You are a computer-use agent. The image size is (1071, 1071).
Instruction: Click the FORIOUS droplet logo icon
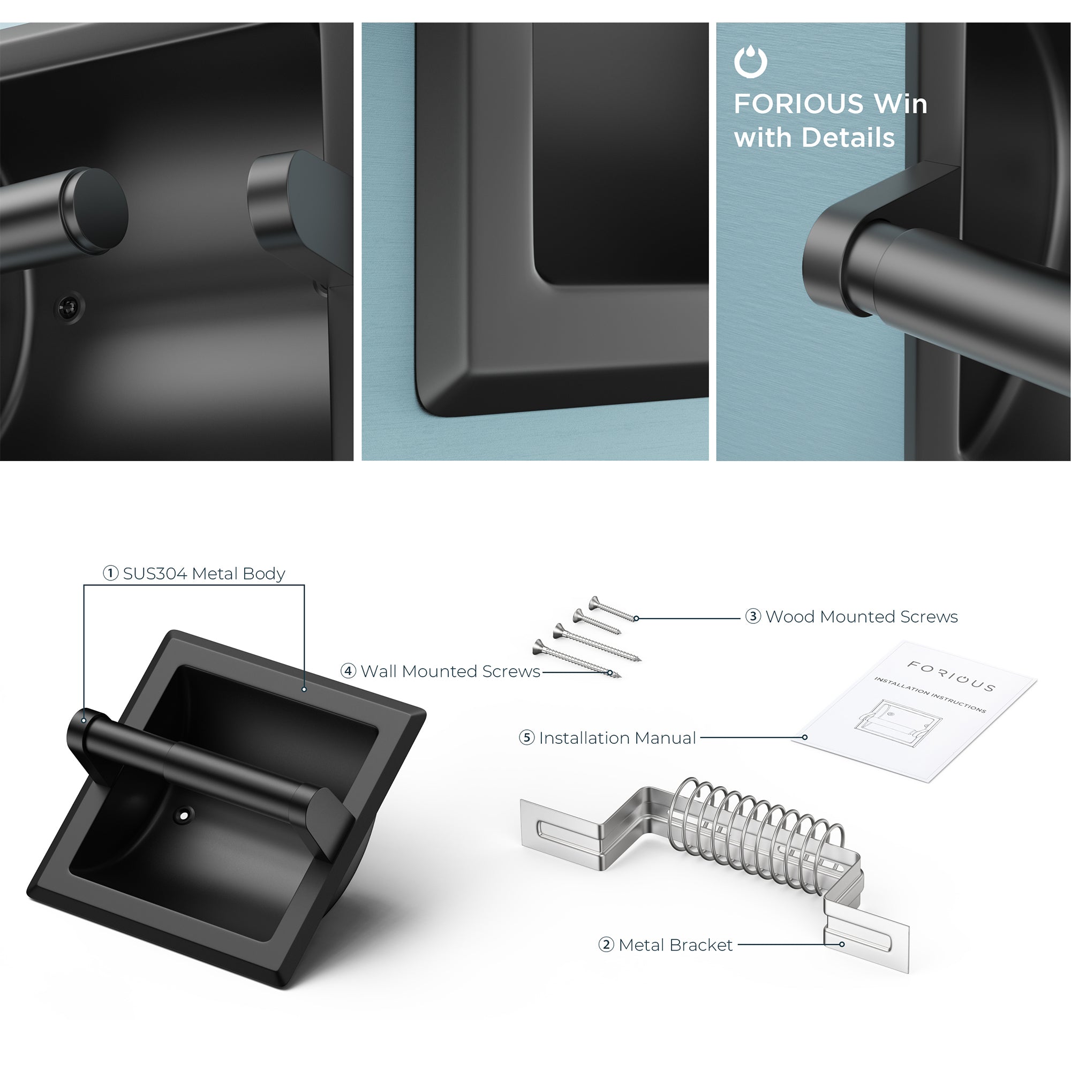coord(751,62)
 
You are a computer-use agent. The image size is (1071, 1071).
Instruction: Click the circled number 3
coord(753,616)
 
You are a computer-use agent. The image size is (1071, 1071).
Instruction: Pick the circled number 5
coord(526,738)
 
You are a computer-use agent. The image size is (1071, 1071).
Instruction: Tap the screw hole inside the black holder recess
coord(183,815)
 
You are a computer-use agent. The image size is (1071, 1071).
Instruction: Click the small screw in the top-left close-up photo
coord(69,306)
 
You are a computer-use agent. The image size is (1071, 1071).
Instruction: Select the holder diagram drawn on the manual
coord(898,723)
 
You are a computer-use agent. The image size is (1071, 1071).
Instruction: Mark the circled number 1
coord(111,573)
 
